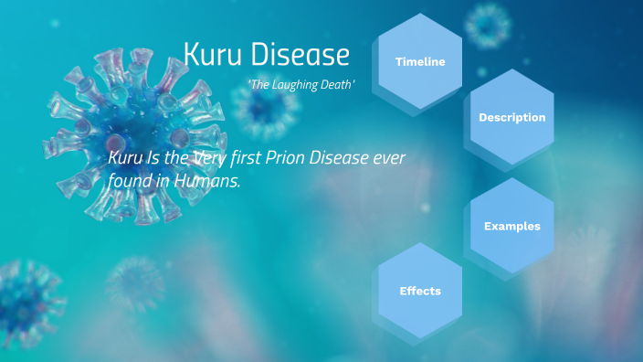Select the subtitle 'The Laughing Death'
(x=300, y=84)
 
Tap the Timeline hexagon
(x=420, y=62)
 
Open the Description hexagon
(x=511, y=117)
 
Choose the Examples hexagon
(x=511, y=226)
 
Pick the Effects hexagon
(x=420, y=291)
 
